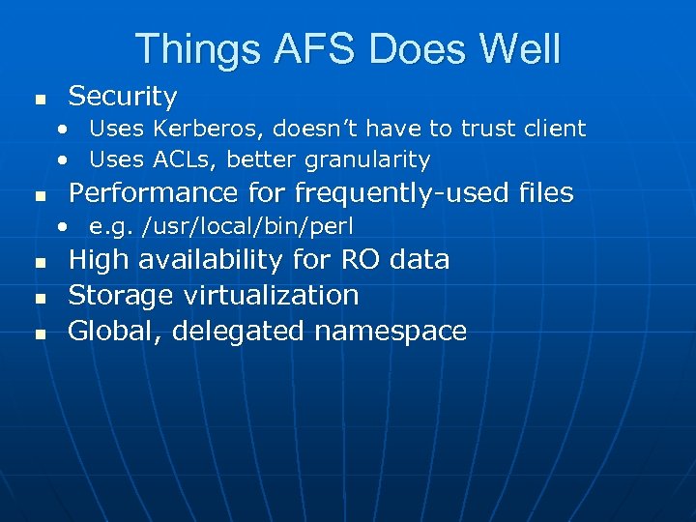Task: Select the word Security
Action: click(x=123, y=97)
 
